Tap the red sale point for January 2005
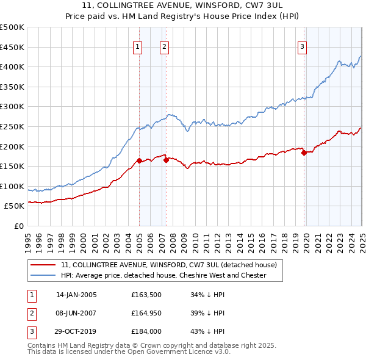pos(139,160)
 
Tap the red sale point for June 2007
pos(166,160)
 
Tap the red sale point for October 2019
pos(304,153)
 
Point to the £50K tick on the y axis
pos(15,206)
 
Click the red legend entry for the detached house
pos(169,265)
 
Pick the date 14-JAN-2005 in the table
pos(76,294)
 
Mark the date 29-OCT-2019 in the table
pos(76,333)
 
